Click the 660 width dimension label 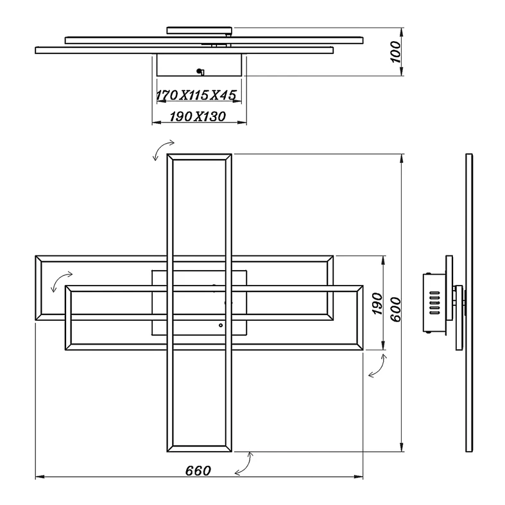click(198, 470)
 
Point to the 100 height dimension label click(396, 51)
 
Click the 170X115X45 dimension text click(197, 96)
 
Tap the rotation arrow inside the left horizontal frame click(61, 280)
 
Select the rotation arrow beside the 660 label click(243, 463)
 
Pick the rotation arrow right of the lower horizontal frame click(377, 365)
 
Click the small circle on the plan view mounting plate click(221, 325)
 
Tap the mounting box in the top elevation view click(199, 65)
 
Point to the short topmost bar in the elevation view click(199, 30)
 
